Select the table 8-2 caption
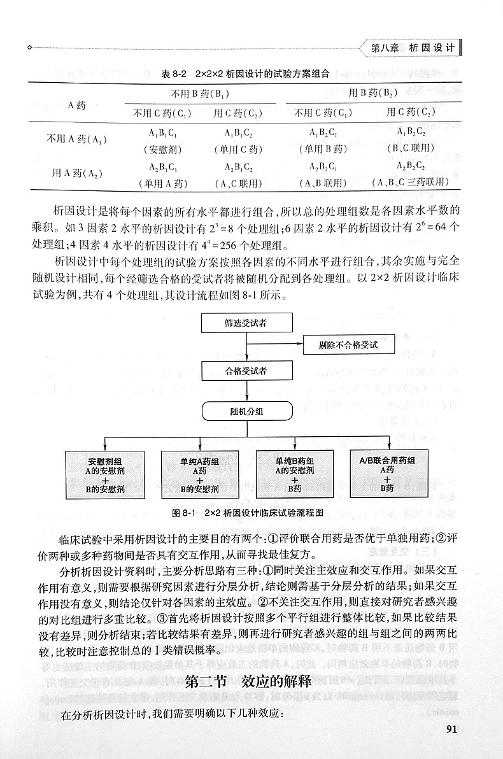click(245, 73)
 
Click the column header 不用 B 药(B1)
click(200, 93)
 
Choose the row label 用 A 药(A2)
click(78, 173)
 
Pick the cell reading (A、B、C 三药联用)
click(411, 183)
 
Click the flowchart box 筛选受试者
click(246, 323)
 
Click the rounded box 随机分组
click(246, 412)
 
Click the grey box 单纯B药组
click(294, 474)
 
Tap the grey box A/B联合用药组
click(388, 474)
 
